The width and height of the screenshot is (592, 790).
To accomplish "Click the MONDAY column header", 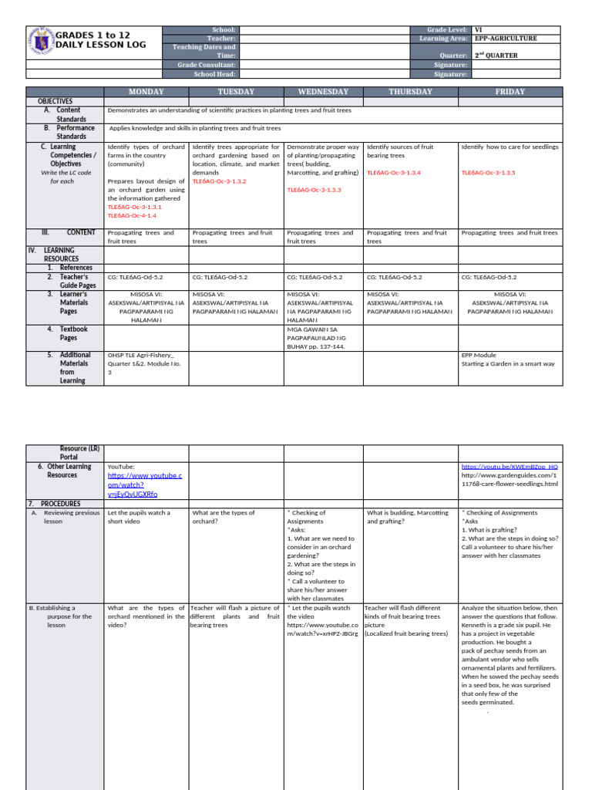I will [146, 92].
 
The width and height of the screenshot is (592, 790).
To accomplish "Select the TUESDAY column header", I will [236, 92].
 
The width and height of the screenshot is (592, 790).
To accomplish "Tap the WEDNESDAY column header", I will [323, 92].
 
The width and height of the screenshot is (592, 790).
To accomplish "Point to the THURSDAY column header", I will [410, 92].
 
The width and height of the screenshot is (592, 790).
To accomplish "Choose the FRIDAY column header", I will [510, 92].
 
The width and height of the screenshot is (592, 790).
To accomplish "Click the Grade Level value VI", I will [479, 29].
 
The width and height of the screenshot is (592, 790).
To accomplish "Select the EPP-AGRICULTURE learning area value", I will [506, 39].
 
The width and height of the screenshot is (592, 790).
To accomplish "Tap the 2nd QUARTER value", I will [496, 56].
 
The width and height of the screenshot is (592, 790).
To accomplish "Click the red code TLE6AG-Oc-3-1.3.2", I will [219, 181].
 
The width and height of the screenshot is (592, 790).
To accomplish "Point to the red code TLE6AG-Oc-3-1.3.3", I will [314, 190].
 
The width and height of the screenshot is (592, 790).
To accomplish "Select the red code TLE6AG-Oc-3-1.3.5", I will [488, 173].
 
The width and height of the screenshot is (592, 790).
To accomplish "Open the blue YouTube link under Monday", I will [144, 484].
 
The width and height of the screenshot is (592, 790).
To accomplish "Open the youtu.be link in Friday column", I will [510, 467].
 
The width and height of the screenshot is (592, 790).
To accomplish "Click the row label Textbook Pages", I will [73, 333].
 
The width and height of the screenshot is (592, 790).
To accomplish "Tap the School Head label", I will [219, 74].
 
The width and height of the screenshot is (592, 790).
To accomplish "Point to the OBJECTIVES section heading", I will [55, 101].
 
